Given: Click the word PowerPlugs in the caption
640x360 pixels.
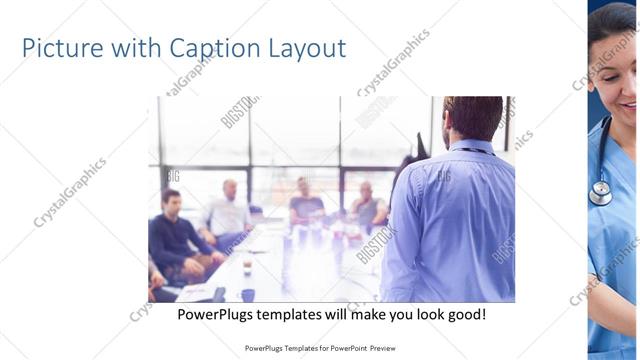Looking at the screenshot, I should pyautogui.click(x=215, y=314).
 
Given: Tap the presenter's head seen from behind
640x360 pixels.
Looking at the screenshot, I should pyautogui.click(x=472, y=119).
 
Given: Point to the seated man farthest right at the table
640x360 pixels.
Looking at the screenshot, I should pyautogui.click(x=367, y=205).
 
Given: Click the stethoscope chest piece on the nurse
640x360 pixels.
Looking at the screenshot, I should pyautogui.click(x=600, y=193).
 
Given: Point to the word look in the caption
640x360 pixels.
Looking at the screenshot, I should pyautogui.click(x=421, y=314).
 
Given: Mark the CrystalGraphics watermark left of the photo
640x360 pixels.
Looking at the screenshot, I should pyautogui.click(x=70, y=192).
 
